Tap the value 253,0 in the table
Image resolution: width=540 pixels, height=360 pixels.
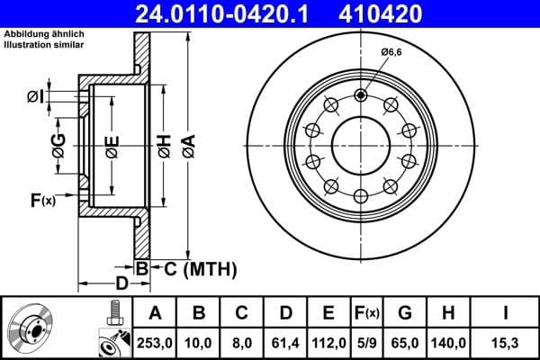click(154, 342)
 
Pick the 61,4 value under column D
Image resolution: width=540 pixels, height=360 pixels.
click(285, 342)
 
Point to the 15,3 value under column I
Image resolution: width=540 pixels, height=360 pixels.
click(505, 342)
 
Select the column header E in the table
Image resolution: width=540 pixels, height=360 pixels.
click(328, 313)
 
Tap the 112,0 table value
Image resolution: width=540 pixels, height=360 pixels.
click(328, 342)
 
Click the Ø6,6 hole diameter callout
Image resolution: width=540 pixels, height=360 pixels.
click(391, 53)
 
